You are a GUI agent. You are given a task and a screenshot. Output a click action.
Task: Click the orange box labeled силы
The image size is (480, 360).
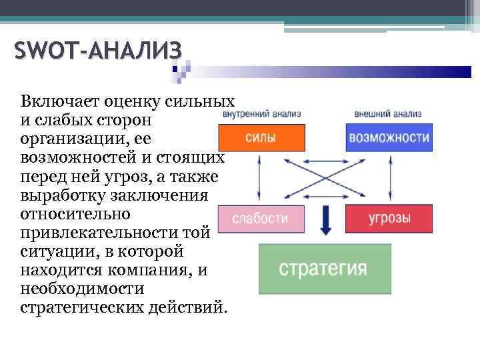[261, 138]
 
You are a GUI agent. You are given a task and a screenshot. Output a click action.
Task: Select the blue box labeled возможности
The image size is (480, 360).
[388, 138]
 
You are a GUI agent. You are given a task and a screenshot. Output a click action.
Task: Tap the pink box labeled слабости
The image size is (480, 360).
[261, 219]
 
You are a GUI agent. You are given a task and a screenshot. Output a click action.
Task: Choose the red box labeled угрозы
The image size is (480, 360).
[388, 219]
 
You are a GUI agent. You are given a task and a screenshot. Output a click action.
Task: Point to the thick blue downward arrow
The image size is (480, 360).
[325, 221]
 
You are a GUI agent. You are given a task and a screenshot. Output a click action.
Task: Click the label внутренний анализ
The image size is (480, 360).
[262, 113]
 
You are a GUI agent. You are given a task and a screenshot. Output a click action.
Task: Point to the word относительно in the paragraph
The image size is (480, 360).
[67, 215]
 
